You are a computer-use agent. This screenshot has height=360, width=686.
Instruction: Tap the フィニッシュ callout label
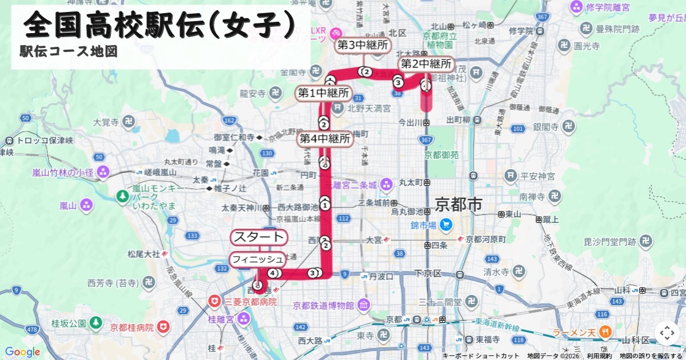(x=257, y=259)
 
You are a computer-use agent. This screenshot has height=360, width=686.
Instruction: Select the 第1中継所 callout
(x=324, y=93)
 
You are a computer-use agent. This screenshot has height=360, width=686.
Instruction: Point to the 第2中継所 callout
(x=426, y=63)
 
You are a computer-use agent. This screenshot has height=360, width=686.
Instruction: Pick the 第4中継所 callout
(x=325, y=139)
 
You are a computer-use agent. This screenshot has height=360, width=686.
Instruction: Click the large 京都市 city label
(x=458, y=204)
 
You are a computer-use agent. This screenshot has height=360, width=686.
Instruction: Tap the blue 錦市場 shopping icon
(x=446, y=225)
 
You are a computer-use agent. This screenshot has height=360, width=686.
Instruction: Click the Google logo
(x=22, y=352)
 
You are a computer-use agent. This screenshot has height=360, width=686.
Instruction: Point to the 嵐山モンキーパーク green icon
(x=122, y=196)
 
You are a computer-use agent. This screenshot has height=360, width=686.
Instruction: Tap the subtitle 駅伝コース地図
(x=69, y=51)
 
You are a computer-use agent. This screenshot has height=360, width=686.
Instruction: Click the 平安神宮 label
(x=535, y=176)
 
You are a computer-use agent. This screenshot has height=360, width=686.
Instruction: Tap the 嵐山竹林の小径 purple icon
(x=103, y=171)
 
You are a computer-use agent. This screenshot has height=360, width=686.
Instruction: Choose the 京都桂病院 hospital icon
(x=164, y=327)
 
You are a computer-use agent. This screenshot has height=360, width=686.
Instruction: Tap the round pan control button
(x=667, y=333)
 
